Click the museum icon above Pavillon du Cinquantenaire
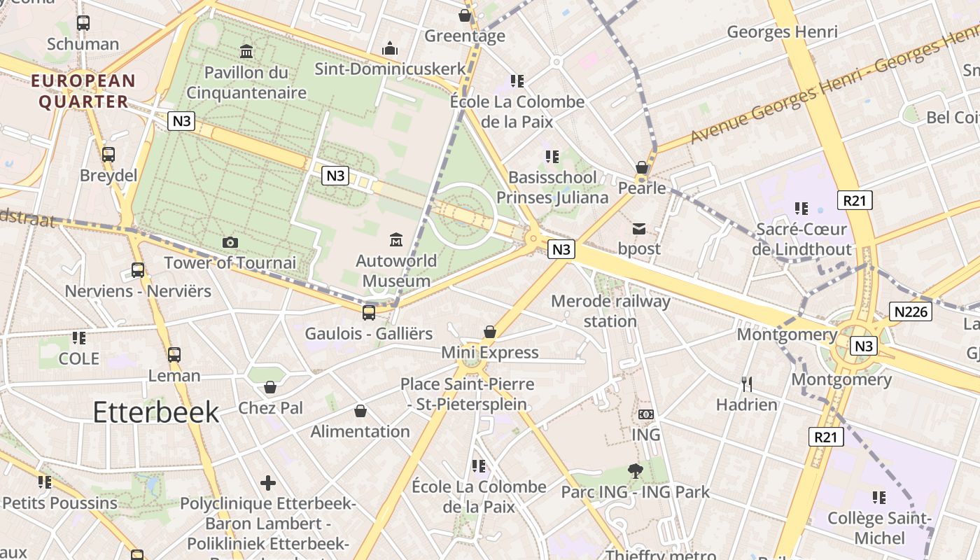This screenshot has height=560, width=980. point(246,51)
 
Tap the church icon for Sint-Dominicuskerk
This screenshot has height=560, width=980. point(390,48)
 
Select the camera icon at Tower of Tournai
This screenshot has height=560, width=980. point(230,242)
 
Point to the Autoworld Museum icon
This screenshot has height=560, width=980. point(396,240)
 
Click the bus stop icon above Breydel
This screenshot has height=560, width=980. point(108,155)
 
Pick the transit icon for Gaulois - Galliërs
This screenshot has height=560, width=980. point(369,312)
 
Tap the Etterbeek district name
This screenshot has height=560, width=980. point(156,412)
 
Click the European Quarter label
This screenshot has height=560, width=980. point(83,91)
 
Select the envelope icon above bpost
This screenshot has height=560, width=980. point(639,228)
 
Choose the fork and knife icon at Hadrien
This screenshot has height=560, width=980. point(747,384)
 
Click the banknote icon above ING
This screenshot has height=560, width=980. point(646,414)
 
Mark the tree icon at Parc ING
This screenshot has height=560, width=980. point(636,471)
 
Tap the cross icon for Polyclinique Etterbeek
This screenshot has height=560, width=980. point(267,483)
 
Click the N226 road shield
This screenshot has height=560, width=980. point(911,311)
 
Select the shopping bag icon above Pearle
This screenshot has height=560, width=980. point(641,167)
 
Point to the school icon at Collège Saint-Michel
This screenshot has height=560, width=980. point(879,498)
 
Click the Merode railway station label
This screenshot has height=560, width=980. point(610,311)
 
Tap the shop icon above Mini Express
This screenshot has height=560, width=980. point(490,332)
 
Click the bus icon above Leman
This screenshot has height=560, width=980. point(174,355)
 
